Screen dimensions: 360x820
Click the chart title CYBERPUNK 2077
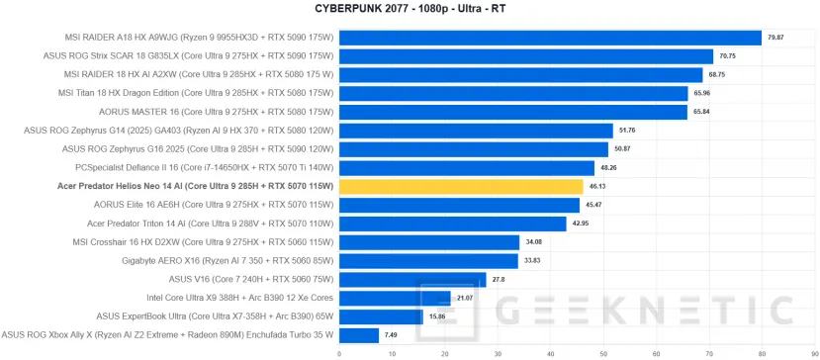click(410, 9)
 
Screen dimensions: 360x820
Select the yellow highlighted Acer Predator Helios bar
click(461, 186)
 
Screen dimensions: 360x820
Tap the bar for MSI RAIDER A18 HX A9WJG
click(550, 38)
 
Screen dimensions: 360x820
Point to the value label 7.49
click(392, 335)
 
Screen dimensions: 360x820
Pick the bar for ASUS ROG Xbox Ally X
click(359, 335)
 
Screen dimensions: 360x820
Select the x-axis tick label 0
click(339, 352)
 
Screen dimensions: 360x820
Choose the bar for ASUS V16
click(412, 280)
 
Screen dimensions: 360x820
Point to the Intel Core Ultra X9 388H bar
click(395, 298)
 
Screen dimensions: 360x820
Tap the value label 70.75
click(727, 56)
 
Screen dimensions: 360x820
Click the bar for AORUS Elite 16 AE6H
click(459, 205)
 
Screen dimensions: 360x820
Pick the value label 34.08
click(533, 242)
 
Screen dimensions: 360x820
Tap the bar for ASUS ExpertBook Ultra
click(381, 316)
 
